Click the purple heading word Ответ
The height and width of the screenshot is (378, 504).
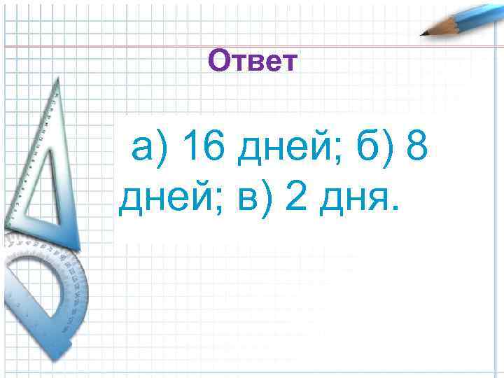(x=253, y=62)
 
